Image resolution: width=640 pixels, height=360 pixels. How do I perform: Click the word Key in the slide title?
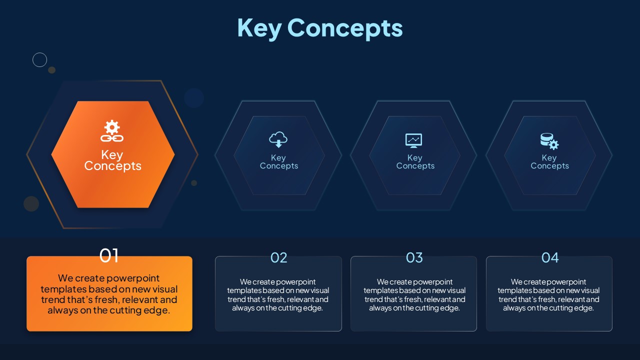[259, 28]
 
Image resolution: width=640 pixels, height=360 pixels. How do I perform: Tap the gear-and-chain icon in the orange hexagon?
[112, 131]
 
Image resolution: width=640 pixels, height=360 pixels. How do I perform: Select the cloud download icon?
[278, 139]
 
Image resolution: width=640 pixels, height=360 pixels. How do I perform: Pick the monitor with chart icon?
[413, 140]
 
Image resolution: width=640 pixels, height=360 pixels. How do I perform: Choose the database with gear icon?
[549, 141]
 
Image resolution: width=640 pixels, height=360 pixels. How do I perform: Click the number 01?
[109, 255]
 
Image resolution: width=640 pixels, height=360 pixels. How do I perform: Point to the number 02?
[278, 257]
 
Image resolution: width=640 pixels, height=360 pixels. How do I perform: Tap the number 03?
[414, 257]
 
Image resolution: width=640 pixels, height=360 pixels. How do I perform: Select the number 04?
[550, 257]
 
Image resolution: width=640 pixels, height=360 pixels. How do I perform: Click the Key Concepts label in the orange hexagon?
[112, 160]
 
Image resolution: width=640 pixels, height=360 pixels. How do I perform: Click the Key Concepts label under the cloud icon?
[279, 161]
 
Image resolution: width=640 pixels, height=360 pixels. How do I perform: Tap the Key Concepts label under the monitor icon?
[415, 161]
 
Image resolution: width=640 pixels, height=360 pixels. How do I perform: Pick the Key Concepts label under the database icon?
[549, 161]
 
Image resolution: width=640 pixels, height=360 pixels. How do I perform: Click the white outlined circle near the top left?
[39, 53]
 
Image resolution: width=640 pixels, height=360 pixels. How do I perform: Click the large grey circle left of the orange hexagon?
[31, 203]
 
